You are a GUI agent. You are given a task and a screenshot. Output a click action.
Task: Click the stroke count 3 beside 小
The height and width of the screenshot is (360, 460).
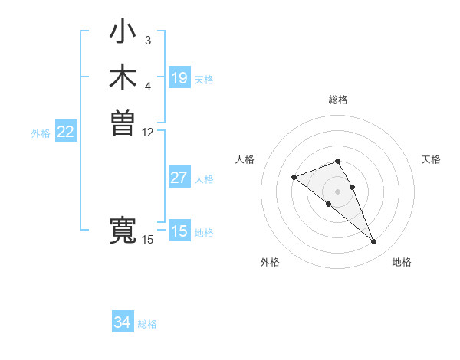(148, 40)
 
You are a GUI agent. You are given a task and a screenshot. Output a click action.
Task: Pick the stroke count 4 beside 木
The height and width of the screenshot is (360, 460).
(148, 86)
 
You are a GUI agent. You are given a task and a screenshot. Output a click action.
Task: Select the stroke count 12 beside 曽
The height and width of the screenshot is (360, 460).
(148, 132)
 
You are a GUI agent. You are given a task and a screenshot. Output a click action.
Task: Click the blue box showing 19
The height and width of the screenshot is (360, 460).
(179, 78)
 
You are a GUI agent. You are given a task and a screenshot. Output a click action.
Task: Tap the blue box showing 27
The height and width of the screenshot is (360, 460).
(179, 178)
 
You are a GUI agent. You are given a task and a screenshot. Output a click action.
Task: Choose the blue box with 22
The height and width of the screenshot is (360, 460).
(66, 132)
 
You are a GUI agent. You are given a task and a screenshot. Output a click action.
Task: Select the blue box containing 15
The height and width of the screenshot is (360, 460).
(179, 231)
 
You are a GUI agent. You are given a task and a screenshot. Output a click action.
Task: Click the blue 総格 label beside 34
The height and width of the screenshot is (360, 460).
(147, 324)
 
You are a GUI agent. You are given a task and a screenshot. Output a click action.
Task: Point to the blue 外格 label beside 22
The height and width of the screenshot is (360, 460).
(41, 133)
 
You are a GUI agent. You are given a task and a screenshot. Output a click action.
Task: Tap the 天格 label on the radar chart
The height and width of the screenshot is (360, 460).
(431, 159)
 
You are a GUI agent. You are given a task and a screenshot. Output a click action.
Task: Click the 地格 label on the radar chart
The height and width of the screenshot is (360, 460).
(402, 262)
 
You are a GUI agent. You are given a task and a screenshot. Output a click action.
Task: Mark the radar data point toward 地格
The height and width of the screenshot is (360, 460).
(374, 242)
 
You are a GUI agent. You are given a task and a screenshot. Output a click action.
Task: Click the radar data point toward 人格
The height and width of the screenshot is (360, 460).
(294, 178)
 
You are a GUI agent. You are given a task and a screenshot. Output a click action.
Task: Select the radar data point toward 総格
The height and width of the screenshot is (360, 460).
(337, 161)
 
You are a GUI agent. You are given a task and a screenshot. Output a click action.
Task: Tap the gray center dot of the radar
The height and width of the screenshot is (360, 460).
(337, 191)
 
